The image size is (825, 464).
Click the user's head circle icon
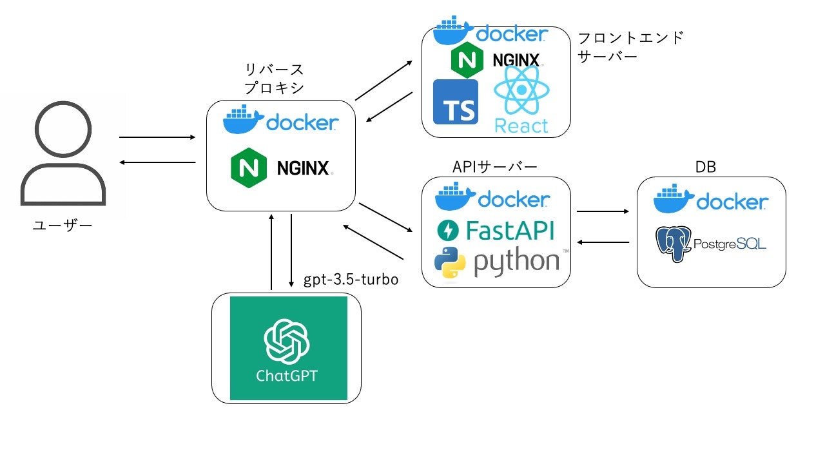click(63, 129)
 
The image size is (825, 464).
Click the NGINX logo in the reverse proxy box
click(281, 168)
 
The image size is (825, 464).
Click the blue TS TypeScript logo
click(456, 102)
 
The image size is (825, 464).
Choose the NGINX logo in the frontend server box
click(496, 60)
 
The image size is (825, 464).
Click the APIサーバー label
click(495, 168)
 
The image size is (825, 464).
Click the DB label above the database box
click(707, 168)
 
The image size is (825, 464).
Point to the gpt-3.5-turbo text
click(351, 280)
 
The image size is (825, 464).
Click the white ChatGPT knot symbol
click(287, 342)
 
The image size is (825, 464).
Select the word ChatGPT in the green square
click(287, 376)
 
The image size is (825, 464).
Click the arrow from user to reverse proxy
click(157, 137)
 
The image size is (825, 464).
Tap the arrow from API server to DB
click(603, 211)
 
